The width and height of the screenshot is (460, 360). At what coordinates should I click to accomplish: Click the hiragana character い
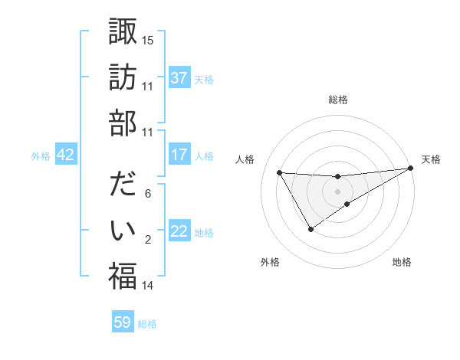[123, 230]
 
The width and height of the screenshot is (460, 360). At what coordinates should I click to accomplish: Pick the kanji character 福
[123, 276]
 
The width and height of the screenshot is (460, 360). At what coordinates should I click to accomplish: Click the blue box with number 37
[179, 78]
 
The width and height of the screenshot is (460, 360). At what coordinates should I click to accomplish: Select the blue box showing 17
[179, 155]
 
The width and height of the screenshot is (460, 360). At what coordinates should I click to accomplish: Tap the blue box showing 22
[179, 231]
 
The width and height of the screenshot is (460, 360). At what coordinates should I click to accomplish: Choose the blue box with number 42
[66, 155]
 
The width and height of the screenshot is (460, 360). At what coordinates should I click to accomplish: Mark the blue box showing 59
[123, 322]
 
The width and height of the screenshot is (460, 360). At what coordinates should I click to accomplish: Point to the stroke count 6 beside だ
[147, 194]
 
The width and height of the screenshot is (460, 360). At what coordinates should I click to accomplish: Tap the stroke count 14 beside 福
[147, 286]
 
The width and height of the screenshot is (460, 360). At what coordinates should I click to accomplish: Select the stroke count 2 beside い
[147, 240]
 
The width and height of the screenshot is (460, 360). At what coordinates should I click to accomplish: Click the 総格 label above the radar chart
[337, 100]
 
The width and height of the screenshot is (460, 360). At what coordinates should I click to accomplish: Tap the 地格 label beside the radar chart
[402, 263]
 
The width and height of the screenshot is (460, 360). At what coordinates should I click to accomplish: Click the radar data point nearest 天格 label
[410, 169]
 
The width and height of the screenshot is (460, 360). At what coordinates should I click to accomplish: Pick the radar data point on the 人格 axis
[279, 172]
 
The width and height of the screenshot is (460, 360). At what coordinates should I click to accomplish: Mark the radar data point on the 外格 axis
[310, 228]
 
